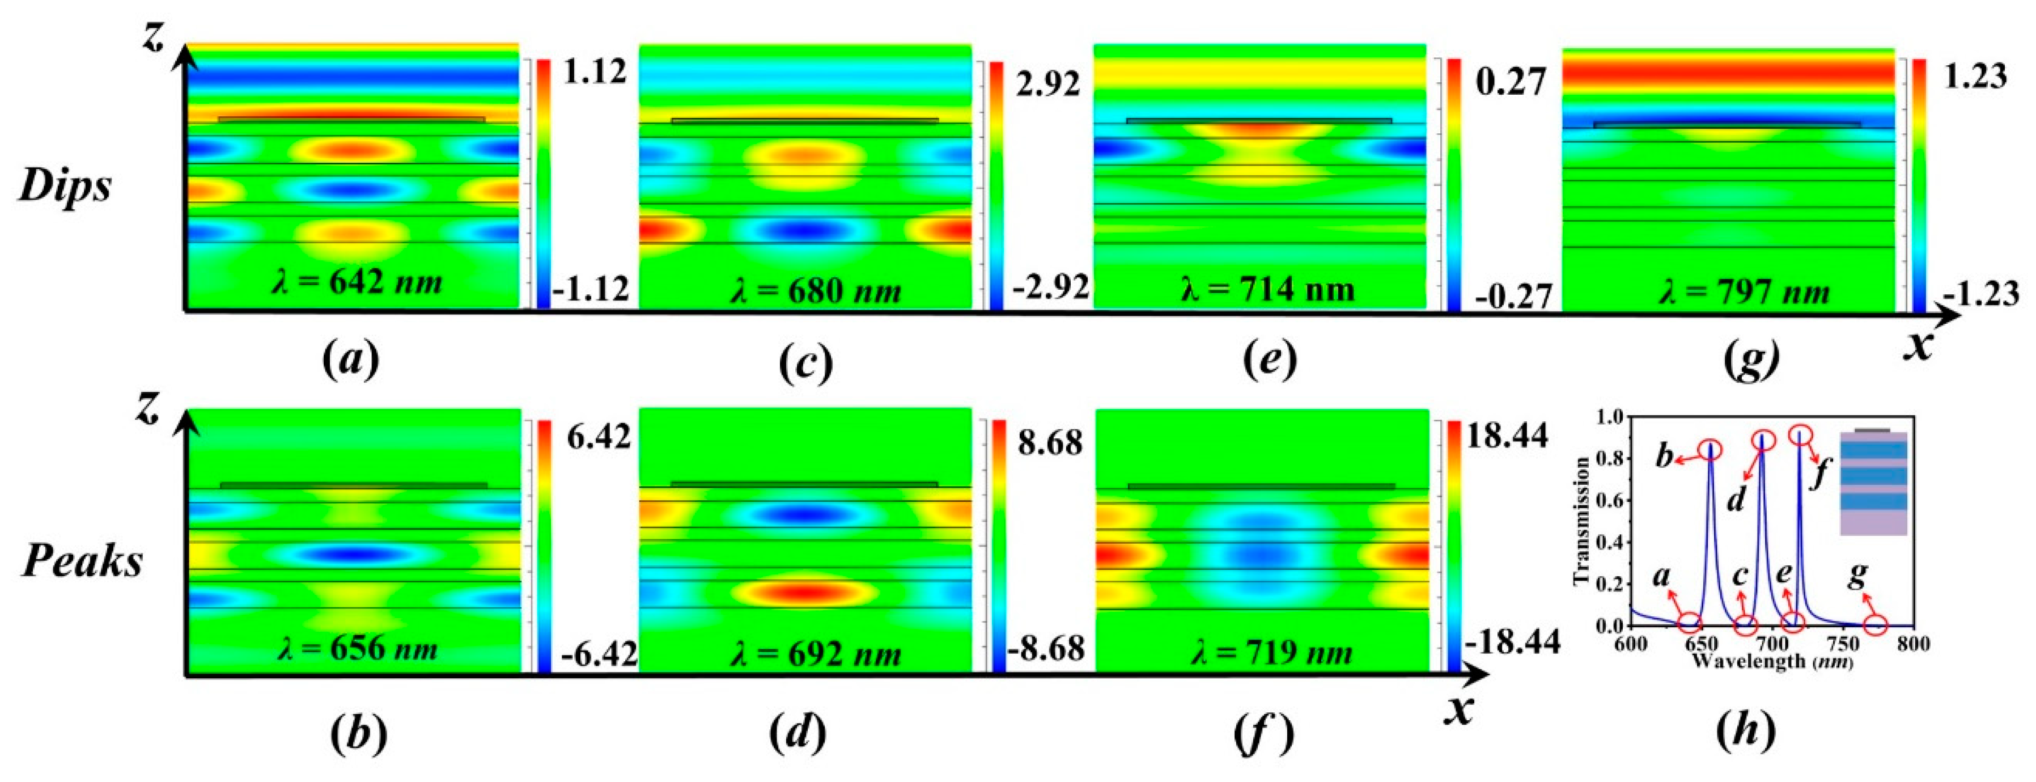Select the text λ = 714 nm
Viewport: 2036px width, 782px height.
(1268, 289)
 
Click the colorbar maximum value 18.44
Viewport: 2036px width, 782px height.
(1509, 435)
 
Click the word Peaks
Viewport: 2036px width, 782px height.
(82, 562)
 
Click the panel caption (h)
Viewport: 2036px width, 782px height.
(1747, 732)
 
